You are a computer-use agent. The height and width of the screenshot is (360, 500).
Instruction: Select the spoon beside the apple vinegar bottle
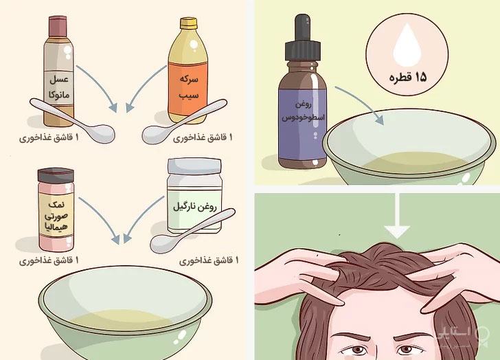[185, 123]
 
